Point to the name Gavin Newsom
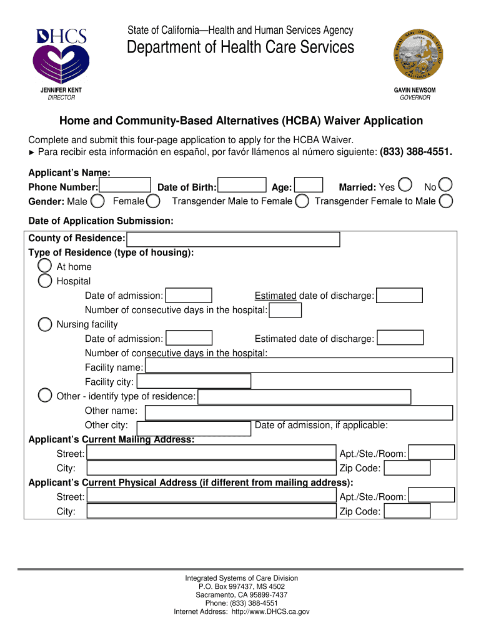[415, 90]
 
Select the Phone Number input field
[125, 186]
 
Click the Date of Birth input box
[243, 186]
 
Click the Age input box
[309, 186]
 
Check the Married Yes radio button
[405, 186]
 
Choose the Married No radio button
[446, 186]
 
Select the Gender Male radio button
[97, 201]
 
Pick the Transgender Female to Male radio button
[446, 201]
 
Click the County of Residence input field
[234, 239]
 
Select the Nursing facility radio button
[45, 324]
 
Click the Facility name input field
[299, 366]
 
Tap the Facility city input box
[194, 381]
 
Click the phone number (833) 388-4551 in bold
[415, 152]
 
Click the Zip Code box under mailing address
[407, 468]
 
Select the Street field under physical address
[211, 496]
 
